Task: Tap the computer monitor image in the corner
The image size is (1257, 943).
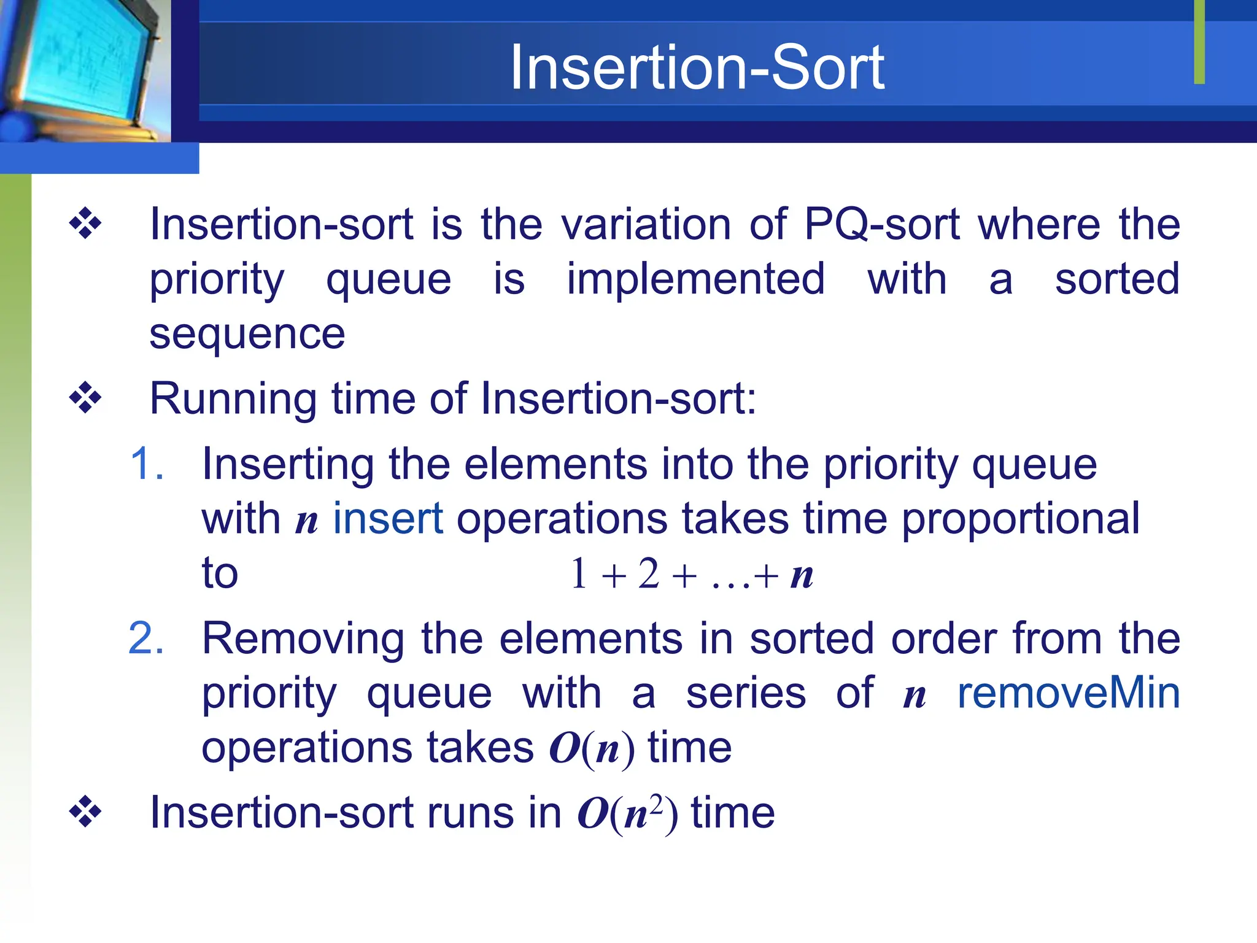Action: (83, 68)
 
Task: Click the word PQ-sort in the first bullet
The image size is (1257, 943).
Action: (881, 224)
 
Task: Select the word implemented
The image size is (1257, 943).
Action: (695, 279)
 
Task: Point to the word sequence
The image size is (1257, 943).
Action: (247, 335)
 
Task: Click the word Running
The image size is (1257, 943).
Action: (233, 399)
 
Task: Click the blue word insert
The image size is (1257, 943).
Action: (388, 519)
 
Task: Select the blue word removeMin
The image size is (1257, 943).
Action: (1069, 694)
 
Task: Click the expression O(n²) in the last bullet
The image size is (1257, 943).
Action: (627, 813)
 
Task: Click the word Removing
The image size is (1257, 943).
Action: (303, 638)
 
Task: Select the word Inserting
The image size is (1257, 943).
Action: (287, 465)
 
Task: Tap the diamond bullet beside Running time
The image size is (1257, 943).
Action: (85, 398)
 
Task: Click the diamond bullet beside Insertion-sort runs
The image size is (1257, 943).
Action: (85, 812)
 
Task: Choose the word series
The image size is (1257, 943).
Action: (746, 694)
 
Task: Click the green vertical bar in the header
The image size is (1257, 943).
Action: (1199, 42)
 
